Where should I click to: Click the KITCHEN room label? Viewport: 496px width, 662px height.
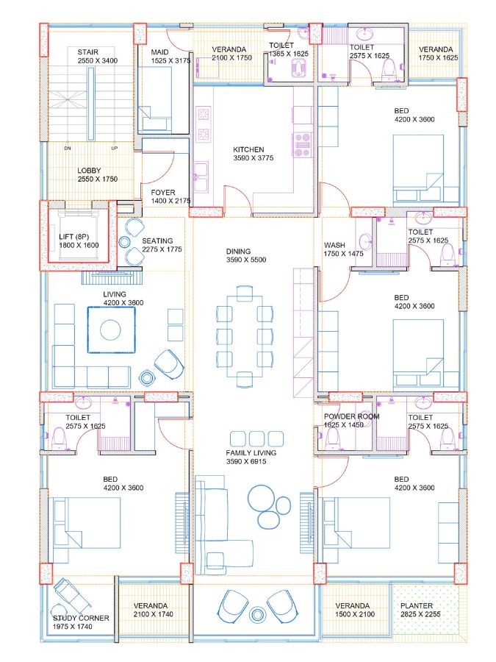tap(248, 149)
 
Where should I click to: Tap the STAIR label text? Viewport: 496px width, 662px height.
tap(87, 52)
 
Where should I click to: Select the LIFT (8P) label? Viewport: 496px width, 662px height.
tap(73, 237)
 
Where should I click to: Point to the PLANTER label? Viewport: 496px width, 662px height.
tap(417, 605)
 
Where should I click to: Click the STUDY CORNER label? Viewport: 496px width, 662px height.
tap(81, 618)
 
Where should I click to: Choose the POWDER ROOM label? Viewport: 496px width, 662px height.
tap(352, 416)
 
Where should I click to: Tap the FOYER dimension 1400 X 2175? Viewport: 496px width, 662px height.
tap(170, 201)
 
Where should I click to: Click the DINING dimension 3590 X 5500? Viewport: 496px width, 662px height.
tap(246, 260)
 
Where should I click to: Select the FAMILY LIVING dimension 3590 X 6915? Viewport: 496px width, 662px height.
tap(246, 461)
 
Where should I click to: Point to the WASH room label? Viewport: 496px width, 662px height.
tap(334, 245)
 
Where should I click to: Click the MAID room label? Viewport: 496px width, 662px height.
tap(160, 52)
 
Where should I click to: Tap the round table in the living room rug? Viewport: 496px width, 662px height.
tap(110, 330)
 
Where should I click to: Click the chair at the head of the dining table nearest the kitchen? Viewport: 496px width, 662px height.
tap(245, 293)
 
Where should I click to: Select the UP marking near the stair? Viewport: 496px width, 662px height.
tap(115, 148)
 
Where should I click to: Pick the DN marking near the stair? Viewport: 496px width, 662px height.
tap(68, 148)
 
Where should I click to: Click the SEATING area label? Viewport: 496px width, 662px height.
tap(157, 241)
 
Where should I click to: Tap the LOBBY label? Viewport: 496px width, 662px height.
tap(89, 171)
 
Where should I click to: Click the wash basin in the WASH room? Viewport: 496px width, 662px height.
tap(365, 243)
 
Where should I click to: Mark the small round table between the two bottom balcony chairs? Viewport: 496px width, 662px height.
tap(256, 614)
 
